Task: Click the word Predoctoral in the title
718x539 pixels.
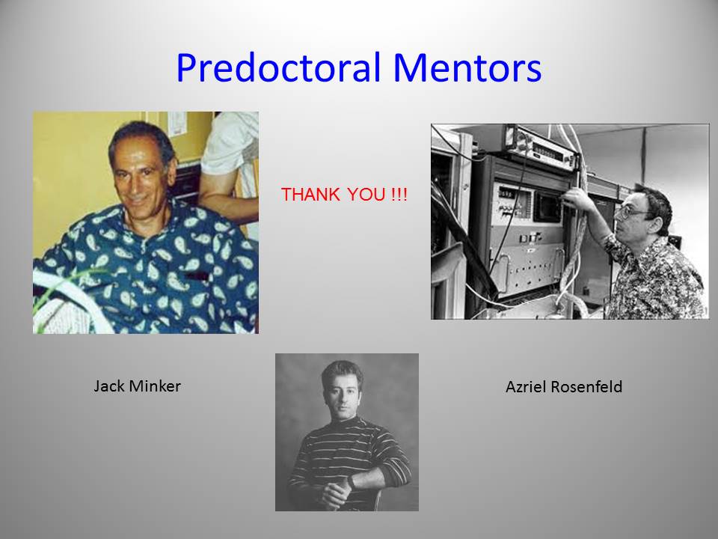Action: (278, 68)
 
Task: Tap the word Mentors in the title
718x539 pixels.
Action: (467, 68)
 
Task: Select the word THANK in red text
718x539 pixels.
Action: (310, 195)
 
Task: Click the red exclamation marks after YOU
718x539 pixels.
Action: (399, 195)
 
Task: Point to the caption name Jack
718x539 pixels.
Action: (109, 386)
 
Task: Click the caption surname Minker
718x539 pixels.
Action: (156, 386)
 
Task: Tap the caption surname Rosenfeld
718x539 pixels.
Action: (586, 387)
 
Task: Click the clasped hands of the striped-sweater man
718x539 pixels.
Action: (338, 493)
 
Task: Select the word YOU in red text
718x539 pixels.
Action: (366, 195)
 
